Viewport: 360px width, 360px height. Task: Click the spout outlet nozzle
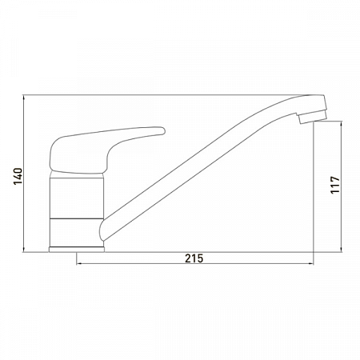click(x=304, y=121)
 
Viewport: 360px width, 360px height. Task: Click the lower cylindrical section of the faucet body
click(x=78, y=231)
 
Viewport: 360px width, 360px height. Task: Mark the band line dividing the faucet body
click(x=78, y=217)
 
